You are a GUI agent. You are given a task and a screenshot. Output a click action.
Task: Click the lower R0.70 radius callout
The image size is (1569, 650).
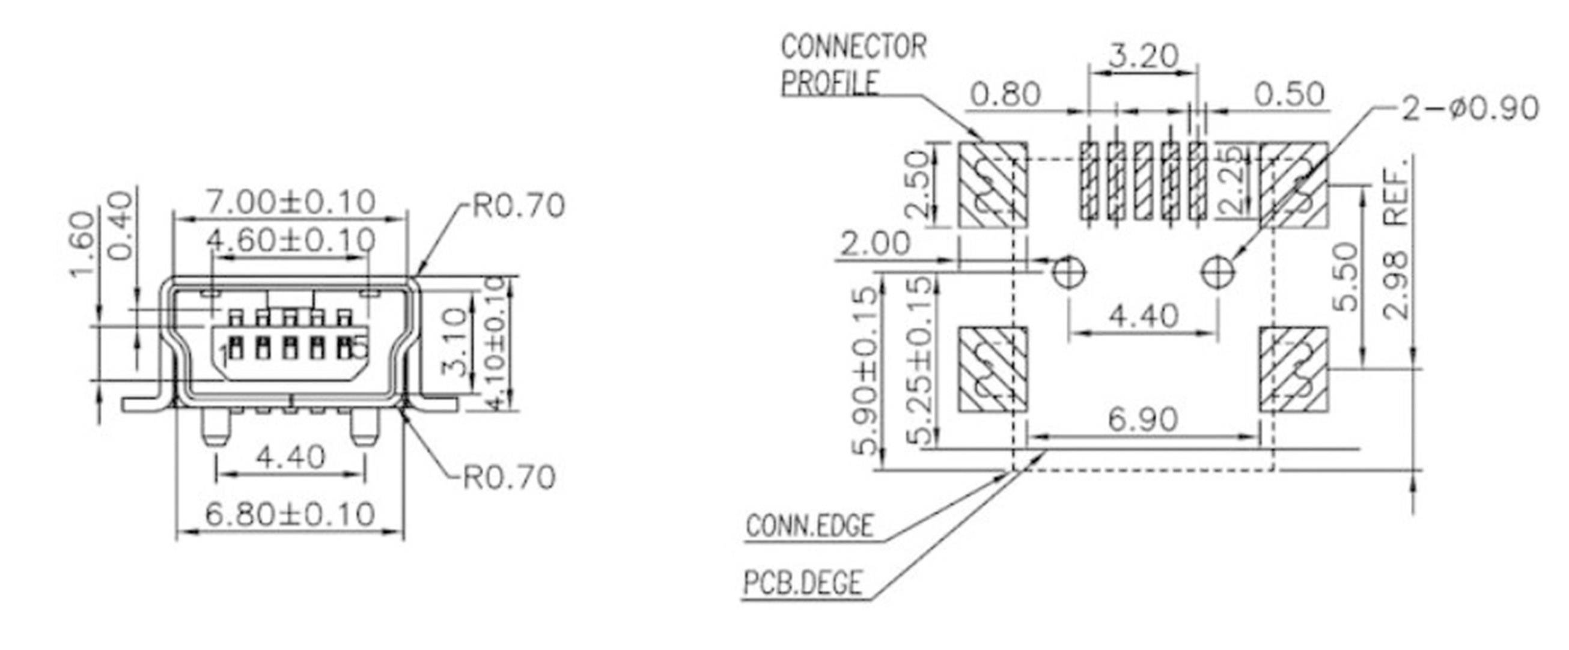[x=509, y=477]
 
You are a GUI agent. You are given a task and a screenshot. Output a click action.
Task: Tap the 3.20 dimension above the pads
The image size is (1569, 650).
[x=1142, y=56]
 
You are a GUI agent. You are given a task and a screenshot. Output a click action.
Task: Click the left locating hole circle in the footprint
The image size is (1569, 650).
[x=1068, y=270]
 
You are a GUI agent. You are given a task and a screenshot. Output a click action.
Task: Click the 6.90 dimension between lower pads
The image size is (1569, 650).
[x=1142, y=419]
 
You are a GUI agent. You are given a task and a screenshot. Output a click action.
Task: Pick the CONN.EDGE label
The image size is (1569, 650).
[x=809, y=526]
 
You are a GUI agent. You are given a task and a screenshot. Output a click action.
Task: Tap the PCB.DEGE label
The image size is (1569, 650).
[x=803, y=582]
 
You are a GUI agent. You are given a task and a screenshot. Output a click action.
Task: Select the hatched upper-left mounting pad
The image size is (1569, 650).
[x=993, y=184]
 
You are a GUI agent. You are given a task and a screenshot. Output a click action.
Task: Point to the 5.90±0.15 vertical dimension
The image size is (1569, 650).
[x=865, y=372]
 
